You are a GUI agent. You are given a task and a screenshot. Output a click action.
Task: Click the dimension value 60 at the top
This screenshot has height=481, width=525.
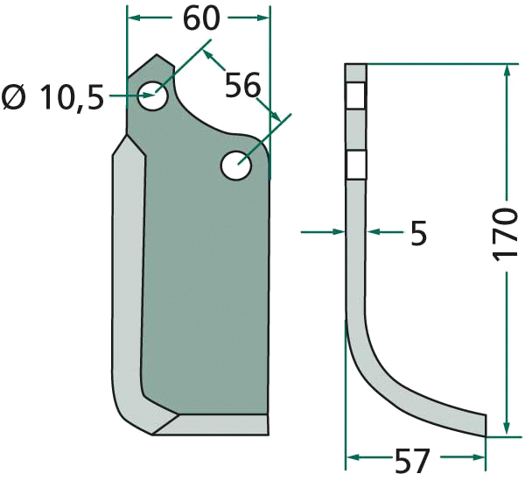pyautogui.click(x=201, y=18)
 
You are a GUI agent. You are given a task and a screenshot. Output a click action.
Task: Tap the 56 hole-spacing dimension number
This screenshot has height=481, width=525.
pyautogui.click(x=242, y=86)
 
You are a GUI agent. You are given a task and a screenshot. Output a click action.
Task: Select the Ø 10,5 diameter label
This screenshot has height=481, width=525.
pyautogui.click(x=52, y=98)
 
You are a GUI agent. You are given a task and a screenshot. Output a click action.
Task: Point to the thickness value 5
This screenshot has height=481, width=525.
pyautogui.click(x=418, y=233)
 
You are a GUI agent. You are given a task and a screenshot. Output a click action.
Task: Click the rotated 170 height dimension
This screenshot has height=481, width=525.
pyautogui.click(x=505, y=235)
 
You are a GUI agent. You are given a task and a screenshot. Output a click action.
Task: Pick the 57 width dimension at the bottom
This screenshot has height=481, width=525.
pyautogui.click(x=412, y=461)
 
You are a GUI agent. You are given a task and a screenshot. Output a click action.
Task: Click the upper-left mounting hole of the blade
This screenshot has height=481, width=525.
pyautogui.click(x=153, y=95)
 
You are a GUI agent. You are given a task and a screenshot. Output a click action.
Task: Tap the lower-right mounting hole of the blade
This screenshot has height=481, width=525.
pyautogui.click(x=236, y=166)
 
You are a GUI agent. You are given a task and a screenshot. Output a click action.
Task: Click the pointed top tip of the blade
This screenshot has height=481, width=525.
pyautogui.click(x=157, y=54)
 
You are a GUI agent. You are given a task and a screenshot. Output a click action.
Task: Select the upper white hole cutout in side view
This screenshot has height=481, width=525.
pyautogui.click(x=356, y=95)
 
